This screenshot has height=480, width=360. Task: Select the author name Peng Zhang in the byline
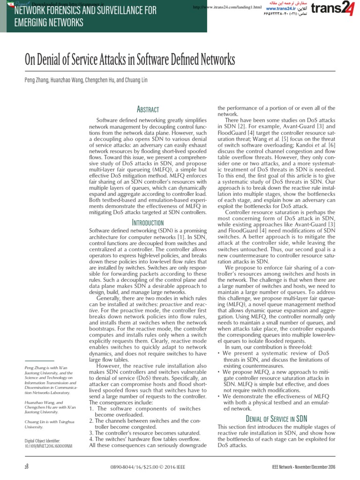tap(36, 80)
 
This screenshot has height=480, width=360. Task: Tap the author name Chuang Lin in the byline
tap(135, 80)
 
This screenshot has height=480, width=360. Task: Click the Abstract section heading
tap(148, 109)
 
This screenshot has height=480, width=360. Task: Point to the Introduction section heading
tap(148, 223)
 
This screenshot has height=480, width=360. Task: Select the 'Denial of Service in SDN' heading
tap(276, 419)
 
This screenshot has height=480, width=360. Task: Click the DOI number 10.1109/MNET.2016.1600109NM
tap(48, 447)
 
